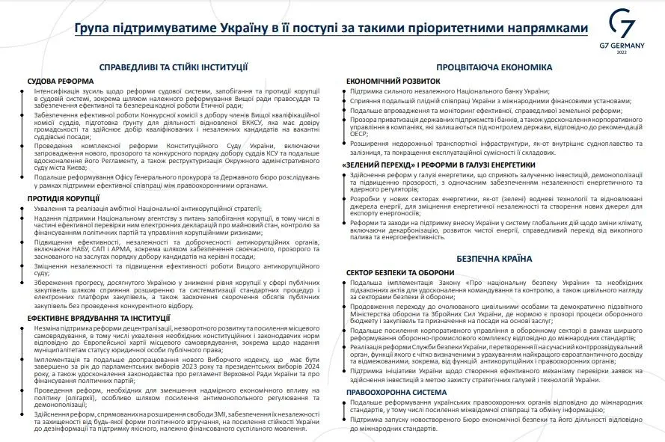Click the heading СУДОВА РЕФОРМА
click(60, 80)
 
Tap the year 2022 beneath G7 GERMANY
click(622, 53)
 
